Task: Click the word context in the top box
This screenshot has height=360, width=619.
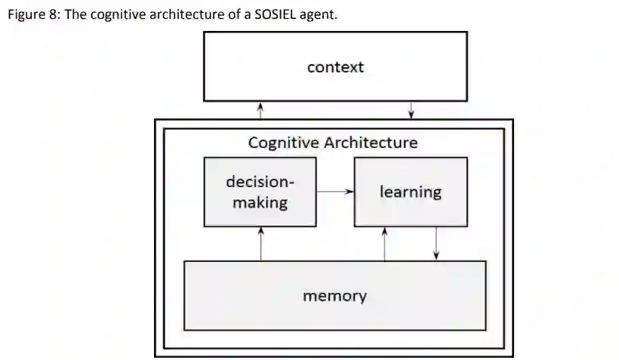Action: coord(335,67)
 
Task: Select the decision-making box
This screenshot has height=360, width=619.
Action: coord(260,192)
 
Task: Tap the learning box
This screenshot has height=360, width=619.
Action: coord(410,192)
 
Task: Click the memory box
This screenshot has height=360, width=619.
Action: coord(334,295)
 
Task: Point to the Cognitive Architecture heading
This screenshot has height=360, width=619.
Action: coord(332,142)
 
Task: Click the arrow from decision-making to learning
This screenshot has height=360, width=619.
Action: coord(335,192)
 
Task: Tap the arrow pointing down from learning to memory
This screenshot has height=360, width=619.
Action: coord(436,243)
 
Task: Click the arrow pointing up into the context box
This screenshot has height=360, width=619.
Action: coord(260,110)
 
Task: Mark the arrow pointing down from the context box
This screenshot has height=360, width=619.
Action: coord(411,110)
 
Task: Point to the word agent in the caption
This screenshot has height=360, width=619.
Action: coord(316,15)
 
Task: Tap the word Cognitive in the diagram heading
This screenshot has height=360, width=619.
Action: coord(282,142)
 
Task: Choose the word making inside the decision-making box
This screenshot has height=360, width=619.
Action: coord(260,202)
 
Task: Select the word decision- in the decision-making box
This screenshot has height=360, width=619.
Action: coord(260,182)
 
